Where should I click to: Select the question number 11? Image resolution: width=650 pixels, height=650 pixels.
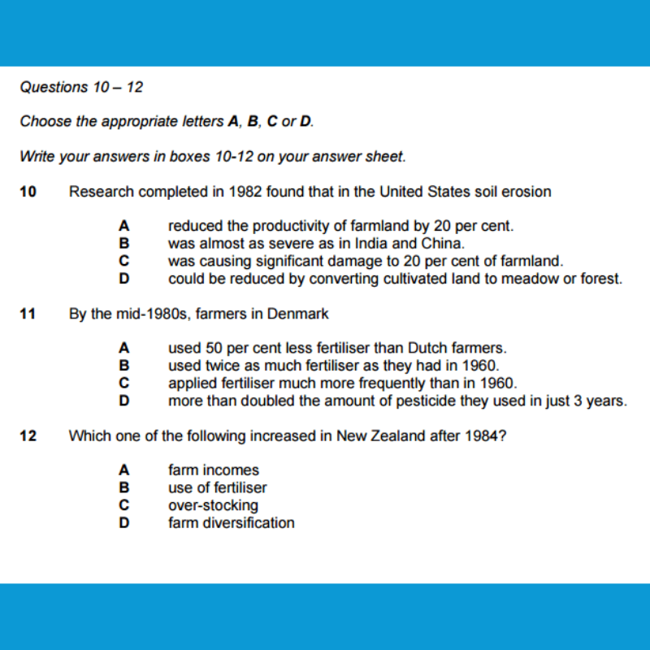point(28,313)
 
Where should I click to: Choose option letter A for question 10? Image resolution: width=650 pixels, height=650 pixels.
point(124,226)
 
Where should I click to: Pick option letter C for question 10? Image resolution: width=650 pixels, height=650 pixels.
point(124,261)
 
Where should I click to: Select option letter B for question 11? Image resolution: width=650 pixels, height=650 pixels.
point(124,365)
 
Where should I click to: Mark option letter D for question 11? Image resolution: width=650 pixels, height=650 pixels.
point(124,401)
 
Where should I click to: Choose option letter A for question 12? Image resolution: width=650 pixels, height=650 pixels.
point(124,470)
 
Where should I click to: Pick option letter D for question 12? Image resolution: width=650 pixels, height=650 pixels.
point(124,522)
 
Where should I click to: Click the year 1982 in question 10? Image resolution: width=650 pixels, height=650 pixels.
point(245,192)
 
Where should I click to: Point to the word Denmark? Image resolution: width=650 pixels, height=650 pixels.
point(301,313)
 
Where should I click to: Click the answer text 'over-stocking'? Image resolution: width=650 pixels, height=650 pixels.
point(213,505)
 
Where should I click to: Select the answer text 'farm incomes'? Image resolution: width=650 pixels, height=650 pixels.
point(214,470)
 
